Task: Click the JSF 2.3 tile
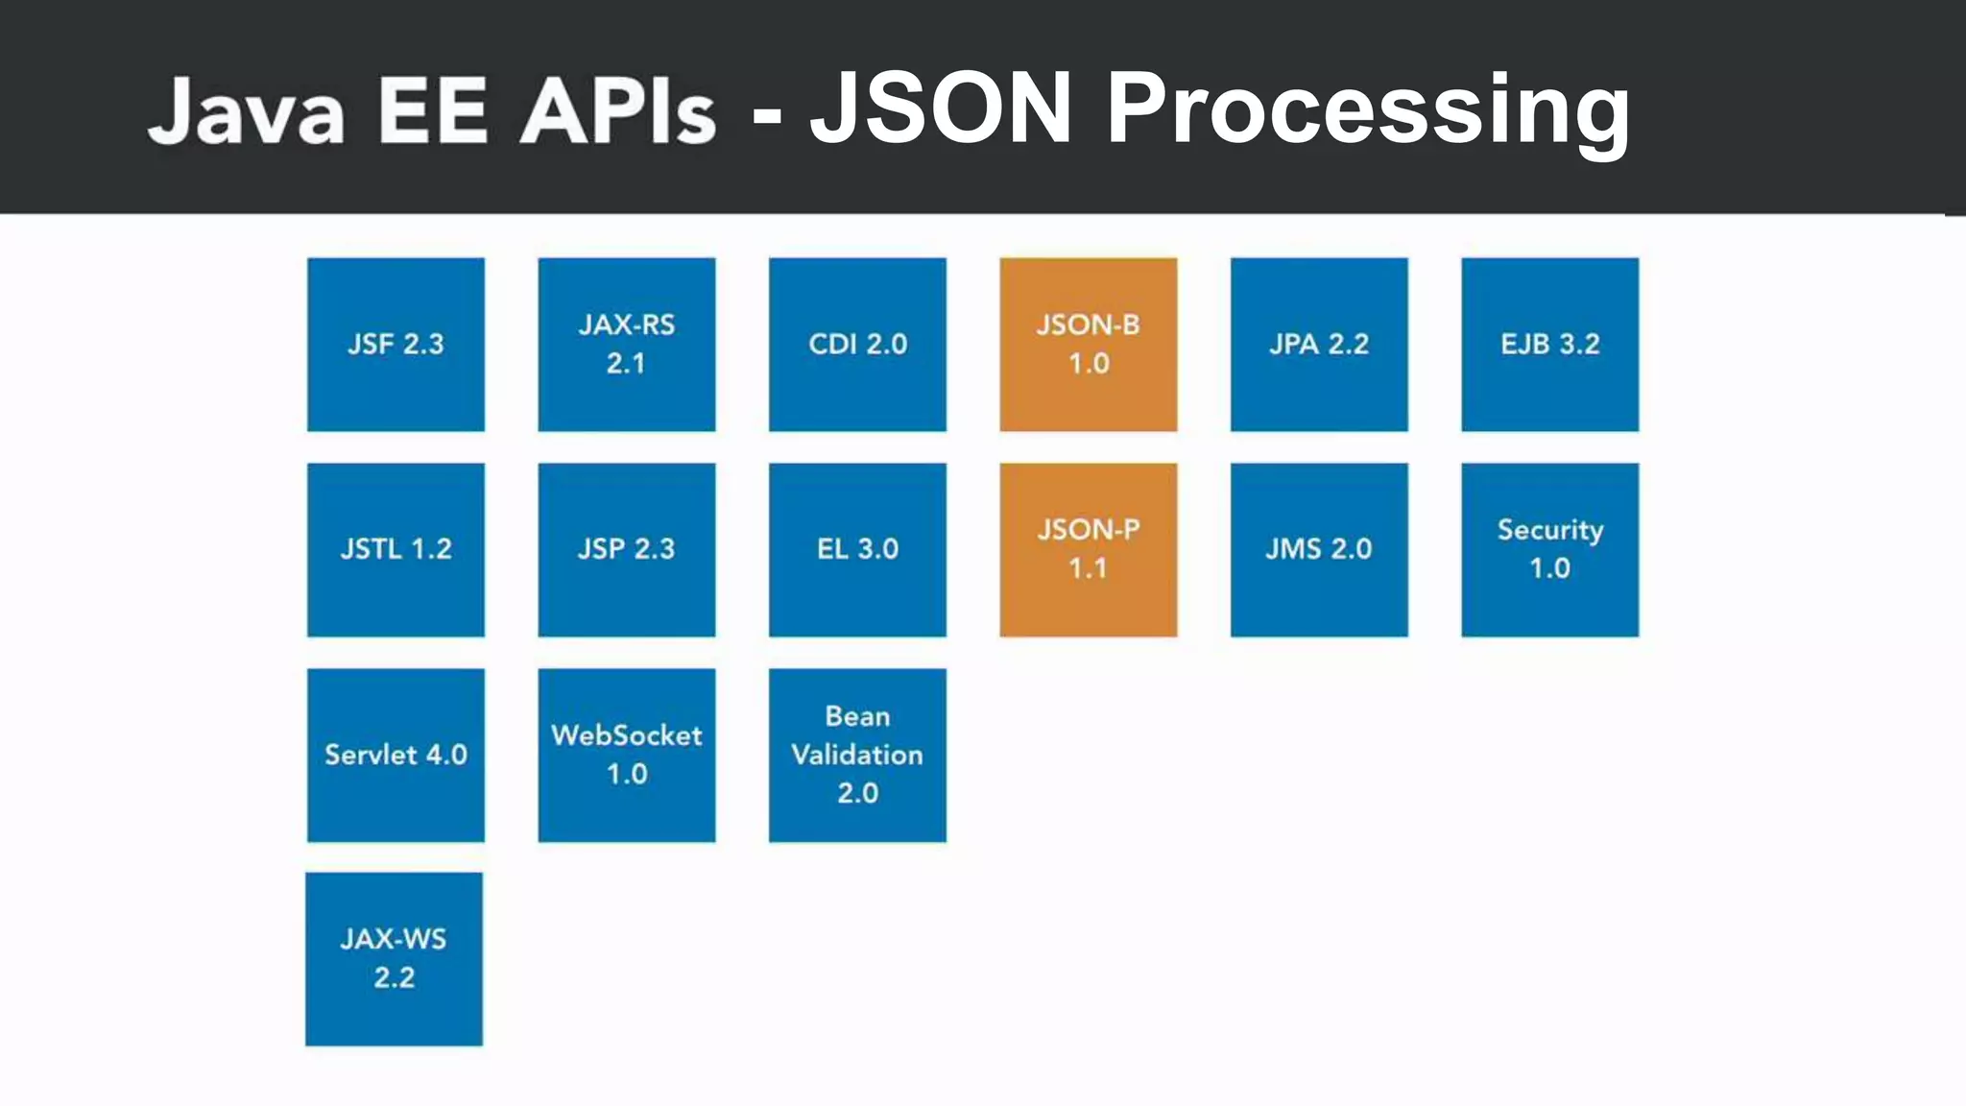(396, 344)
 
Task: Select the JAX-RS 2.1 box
(626, 344)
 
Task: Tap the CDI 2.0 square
(857, 344)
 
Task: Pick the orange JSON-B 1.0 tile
(1088, 344)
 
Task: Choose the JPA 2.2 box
(1319, 344)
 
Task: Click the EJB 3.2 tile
(1549, 344)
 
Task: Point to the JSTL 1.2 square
(396, 549)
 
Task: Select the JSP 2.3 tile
(626, 549)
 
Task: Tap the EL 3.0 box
(857, 549)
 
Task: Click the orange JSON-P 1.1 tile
(1088, 549)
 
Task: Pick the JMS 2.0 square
(1319, 549)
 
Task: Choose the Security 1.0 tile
(1549, 549)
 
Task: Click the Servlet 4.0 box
(396, 755)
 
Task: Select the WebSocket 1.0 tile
(626, 755)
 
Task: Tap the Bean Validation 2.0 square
(857, 755)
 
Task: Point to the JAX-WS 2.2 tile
(394, 958)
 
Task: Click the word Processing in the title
(1367, 110)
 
